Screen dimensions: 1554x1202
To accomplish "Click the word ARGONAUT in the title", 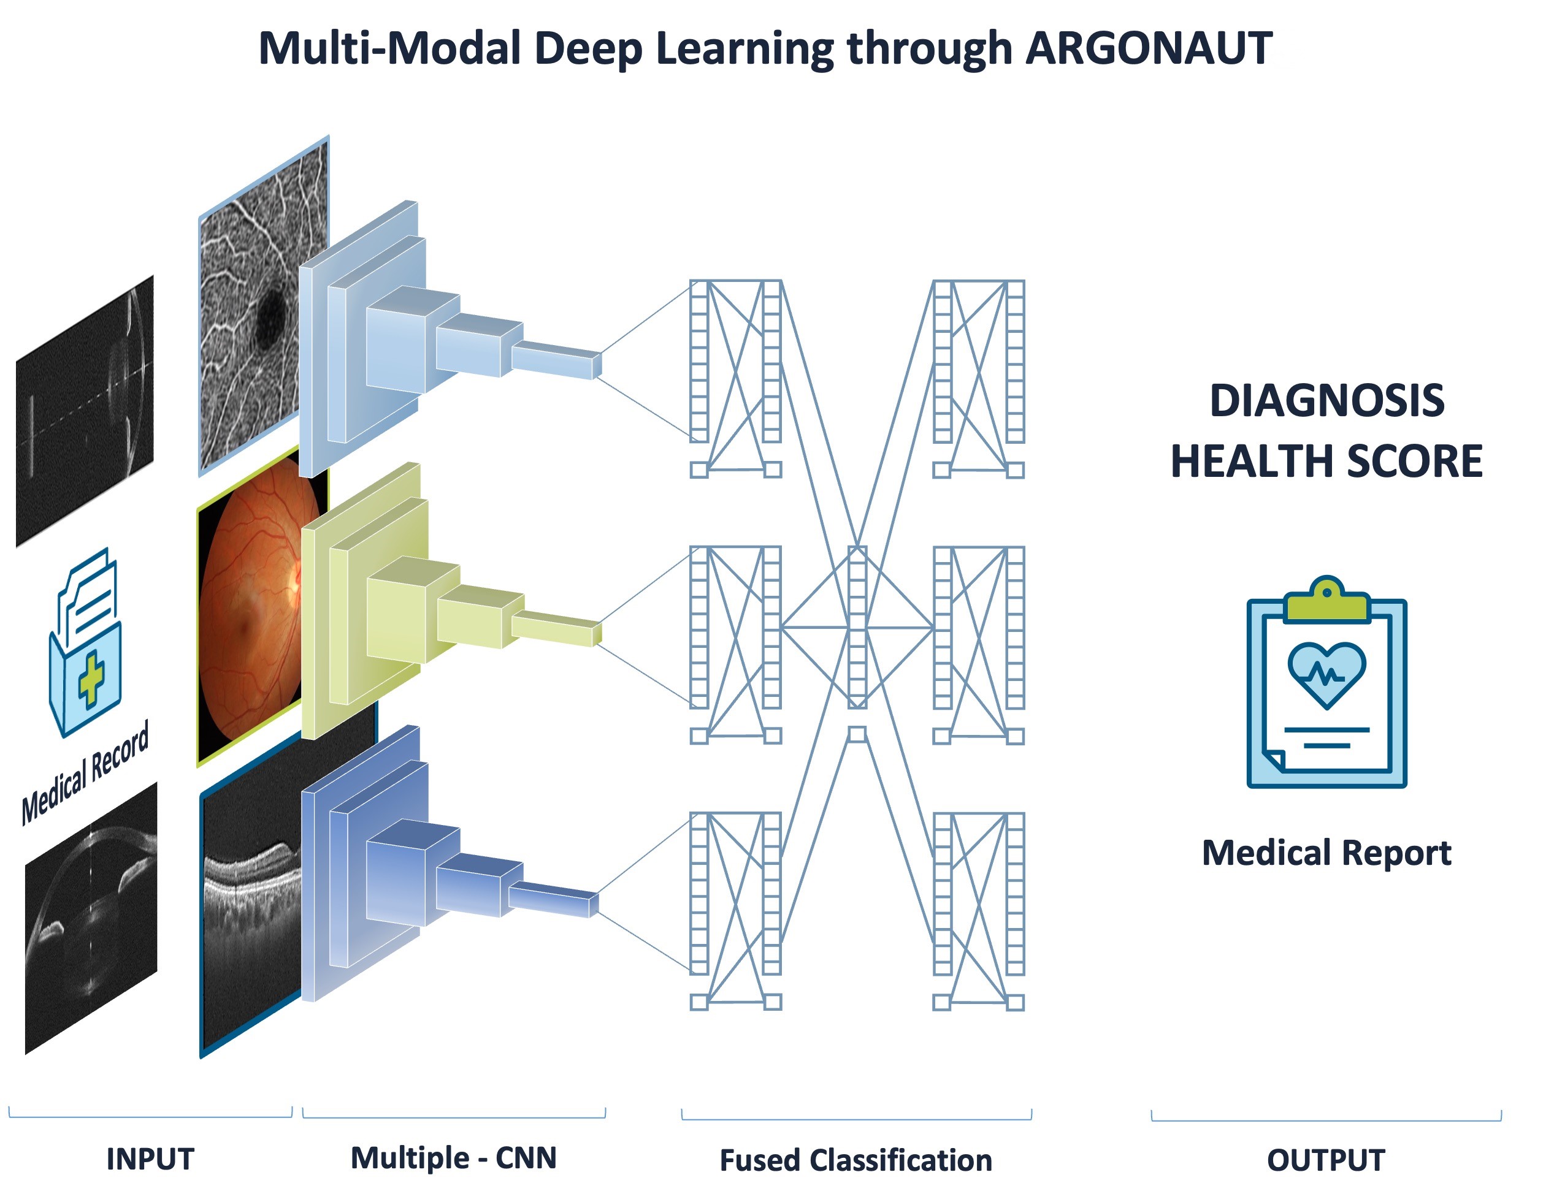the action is pyautogui.click(x=1149, y=48).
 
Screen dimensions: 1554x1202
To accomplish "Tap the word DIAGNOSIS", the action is pyautogui.click(x=1327, y=400).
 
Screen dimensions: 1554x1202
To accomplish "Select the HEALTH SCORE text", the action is pyautogui.click(x=1327, y=461).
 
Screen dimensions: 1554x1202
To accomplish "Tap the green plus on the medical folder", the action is pyautogui.click(x=90, y=679).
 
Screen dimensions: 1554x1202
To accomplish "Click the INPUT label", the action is pyautogui.click(x=150, y=1159).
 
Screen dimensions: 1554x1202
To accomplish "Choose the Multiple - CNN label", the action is pyautogui.click(x=454, y=1158).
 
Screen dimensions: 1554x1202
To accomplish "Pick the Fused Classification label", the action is pyautogui.click(x=856, y=1160).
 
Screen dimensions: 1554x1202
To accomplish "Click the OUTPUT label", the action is pyautogui.click(x=1326, y=1160).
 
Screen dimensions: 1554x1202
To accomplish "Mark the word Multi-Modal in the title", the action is pyautogui.click(x=390, y=48).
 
